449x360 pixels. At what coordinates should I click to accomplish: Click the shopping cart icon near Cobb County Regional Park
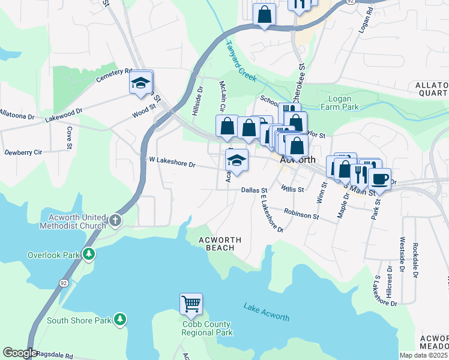pos(191,304)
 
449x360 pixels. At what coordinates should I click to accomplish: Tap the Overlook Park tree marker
pos(89,254)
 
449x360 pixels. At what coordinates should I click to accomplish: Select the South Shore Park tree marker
pos(121,320)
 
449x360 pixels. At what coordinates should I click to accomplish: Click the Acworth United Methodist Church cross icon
pos(115,221)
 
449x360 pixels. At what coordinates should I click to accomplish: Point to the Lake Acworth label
pos(267,313)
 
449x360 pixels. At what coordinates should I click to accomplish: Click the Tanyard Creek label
pos(241,60)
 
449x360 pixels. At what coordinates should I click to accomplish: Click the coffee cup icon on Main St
pos(379,178)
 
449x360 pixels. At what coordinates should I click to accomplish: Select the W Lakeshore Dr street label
pos(172,163)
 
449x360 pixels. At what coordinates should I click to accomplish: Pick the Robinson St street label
pos(301,214)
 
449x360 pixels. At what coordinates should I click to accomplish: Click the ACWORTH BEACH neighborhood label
pos(220,244)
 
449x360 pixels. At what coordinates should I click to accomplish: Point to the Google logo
pos(20,352)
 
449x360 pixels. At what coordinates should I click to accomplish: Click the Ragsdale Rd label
pos(55,355)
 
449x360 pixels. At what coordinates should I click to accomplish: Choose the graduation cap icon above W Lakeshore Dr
pos(237,160)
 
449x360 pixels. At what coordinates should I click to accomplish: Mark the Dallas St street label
pos(254,190)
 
